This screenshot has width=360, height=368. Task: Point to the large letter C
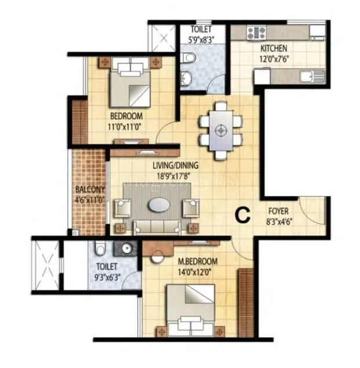coord(242,215)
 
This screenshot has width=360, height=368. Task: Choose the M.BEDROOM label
coord(198,260)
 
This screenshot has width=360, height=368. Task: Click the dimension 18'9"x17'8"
coord(159,172)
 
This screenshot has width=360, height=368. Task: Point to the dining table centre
coord(220,130)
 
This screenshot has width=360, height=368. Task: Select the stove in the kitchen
coord(256,32)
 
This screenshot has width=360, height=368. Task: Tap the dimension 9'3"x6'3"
coord(108,275)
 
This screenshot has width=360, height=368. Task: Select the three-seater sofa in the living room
coord(157,226)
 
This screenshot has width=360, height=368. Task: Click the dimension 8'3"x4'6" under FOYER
coord(281,220)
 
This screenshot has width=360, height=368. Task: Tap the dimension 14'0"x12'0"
coord(198,270)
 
